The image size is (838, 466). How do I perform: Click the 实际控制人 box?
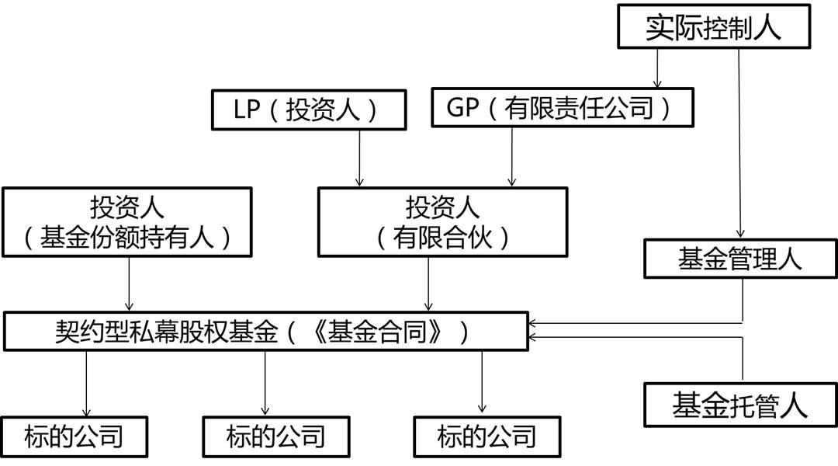click(714, 28)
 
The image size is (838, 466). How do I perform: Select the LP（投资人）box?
click(307, 110)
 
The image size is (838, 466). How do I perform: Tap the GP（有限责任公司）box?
click(562, 107)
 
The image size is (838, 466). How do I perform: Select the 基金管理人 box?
click(739, 259)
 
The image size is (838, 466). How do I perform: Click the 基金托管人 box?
click(739, 405)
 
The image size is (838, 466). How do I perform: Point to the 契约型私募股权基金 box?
click(265, 332)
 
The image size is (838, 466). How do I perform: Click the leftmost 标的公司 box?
click(74, 436)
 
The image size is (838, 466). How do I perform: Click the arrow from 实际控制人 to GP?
click(658, 68)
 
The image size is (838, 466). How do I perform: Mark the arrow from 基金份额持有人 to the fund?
click(129, 283)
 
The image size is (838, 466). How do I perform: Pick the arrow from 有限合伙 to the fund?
click(428, 283)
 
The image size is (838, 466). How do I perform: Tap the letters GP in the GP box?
click(463, 107)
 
